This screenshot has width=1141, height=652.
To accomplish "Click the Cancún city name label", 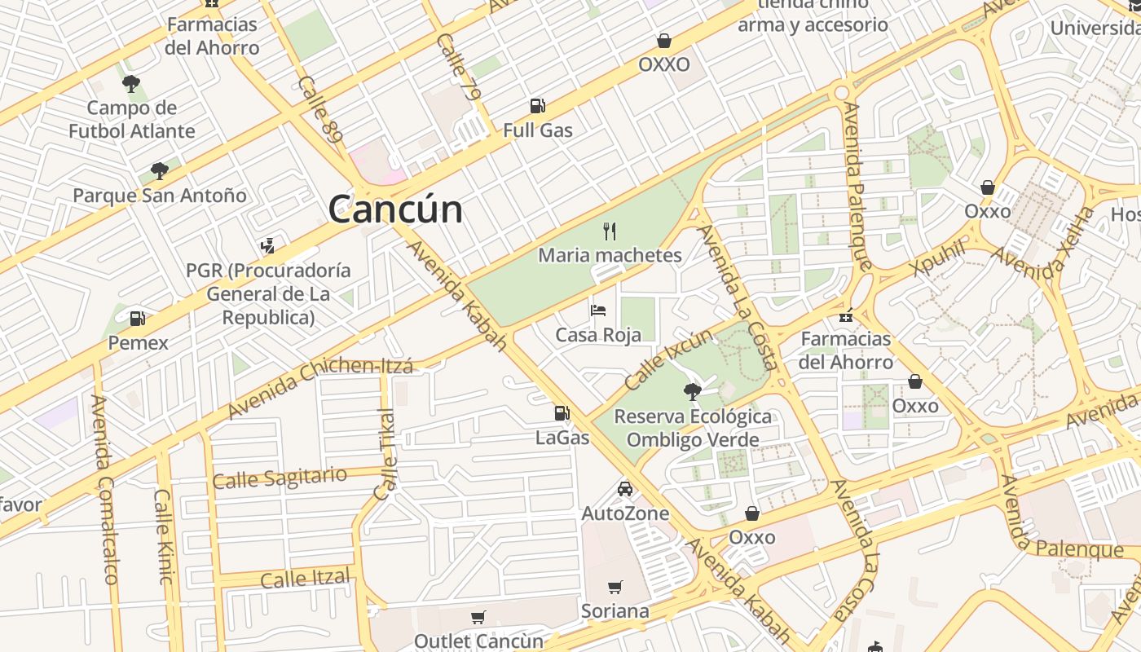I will pos(395,209).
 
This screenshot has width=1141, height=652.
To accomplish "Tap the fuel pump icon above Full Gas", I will pos(537,105).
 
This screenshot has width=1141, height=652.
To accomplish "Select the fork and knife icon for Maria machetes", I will pos(610,231).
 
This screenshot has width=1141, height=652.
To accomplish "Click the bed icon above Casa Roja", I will pos(598,311).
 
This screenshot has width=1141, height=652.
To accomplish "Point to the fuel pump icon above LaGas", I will pos(562,413).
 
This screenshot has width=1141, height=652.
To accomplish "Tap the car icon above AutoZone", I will pos(625,489).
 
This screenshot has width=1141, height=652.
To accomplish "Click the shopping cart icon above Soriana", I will pos(615,587).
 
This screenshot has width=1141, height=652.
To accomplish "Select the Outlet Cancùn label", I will pos(478,641).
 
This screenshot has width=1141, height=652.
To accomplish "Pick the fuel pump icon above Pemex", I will pos(138,319).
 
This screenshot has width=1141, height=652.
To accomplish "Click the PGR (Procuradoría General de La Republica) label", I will pos(268,293).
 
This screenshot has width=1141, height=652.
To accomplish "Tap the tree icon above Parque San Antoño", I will pos(160,170).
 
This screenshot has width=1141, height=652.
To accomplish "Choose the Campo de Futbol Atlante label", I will pos(132,119).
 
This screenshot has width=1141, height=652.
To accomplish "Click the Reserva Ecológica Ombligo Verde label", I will pos(693,428).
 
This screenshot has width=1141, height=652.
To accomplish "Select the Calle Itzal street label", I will pos(305,579).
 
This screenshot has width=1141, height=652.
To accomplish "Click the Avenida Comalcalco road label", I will pos(104,489).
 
